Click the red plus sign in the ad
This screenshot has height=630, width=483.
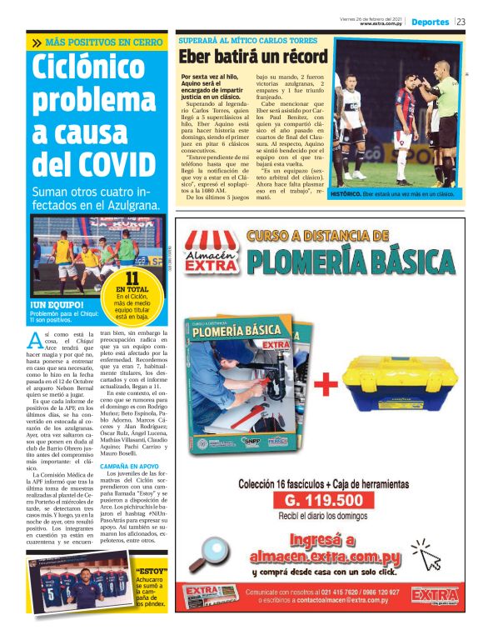pyautogui.click(x=326, y=384)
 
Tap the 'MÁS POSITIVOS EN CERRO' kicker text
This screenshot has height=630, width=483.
pyautogui.click(x=102, y=42)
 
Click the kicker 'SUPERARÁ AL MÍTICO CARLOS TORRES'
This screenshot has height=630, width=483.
pyautogui.click(x=247, y=40)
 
